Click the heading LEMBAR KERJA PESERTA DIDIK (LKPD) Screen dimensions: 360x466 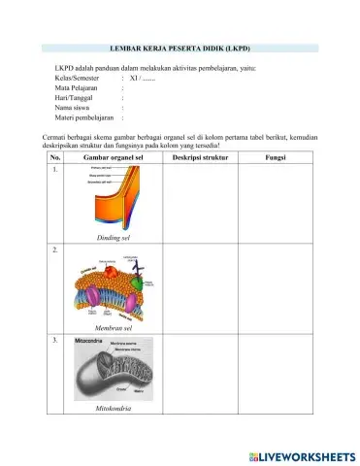[x=181, y=48]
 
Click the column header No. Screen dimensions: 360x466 [x=54, y=157]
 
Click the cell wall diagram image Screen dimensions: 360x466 [x=114, y=198]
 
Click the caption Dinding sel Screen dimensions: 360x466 [x=114, y=237]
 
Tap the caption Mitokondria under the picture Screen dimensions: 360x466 [x=114, y=409]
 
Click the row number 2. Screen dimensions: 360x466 [x=54, y=250]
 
